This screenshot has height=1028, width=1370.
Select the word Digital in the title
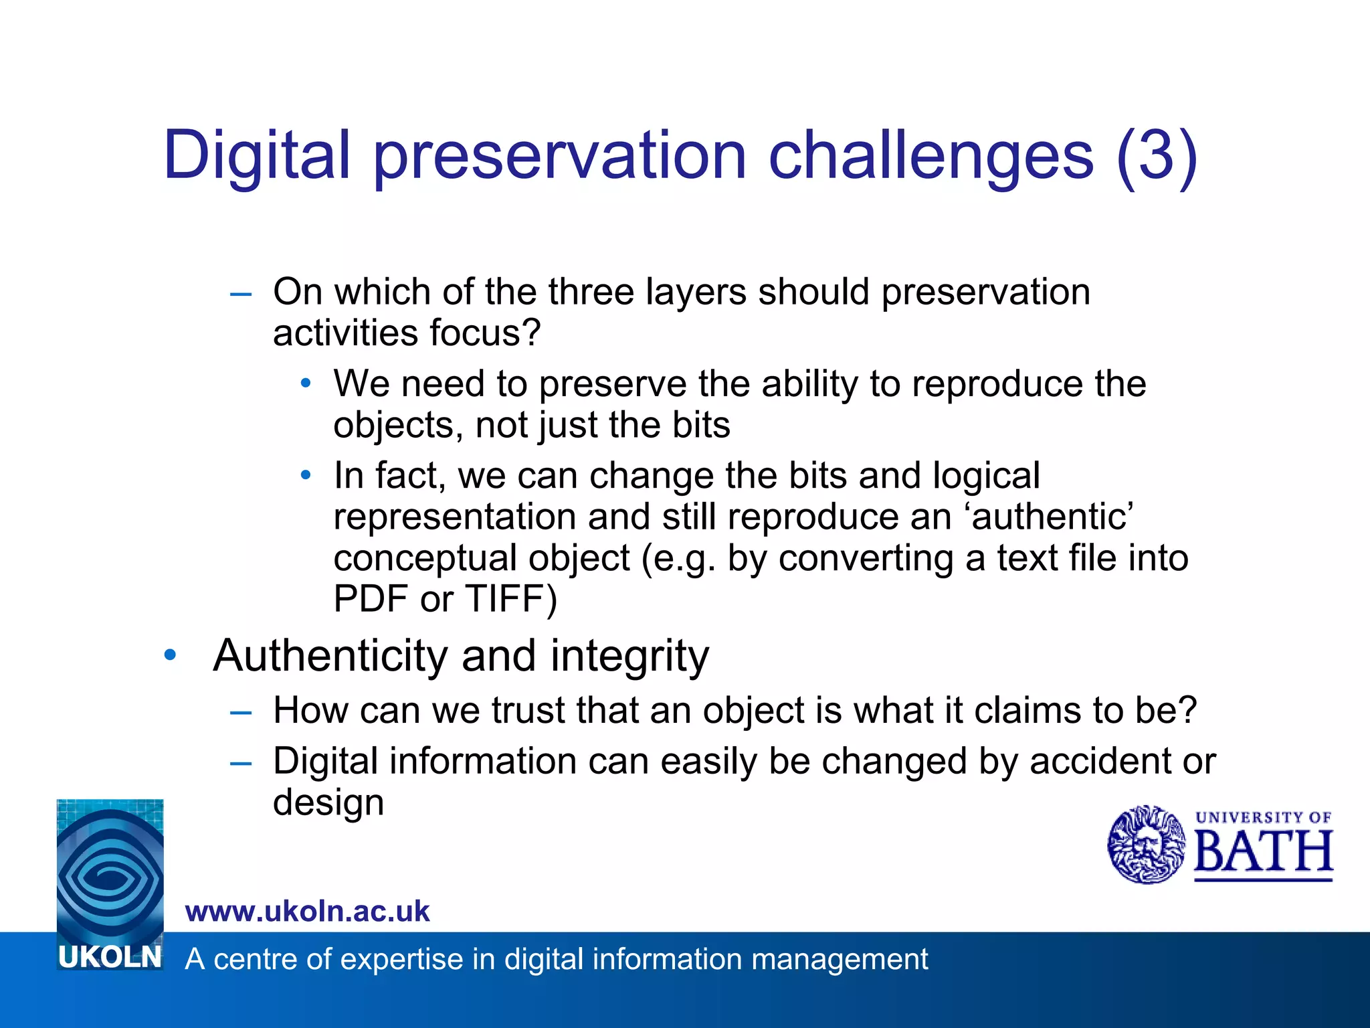257,156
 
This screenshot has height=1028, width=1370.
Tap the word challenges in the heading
931,156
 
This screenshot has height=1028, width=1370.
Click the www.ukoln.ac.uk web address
307,912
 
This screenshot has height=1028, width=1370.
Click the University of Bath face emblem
1147,845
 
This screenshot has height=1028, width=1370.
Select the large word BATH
1263,853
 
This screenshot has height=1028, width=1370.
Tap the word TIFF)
511,599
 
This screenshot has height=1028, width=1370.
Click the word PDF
371,599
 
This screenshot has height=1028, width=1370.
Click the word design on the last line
328,802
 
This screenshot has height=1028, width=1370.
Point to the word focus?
484,333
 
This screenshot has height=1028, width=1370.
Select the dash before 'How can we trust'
240,713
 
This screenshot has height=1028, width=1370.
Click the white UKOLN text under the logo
110,958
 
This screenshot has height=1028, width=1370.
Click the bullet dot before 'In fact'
306,476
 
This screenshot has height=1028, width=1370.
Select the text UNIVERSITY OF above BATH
1263,817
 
